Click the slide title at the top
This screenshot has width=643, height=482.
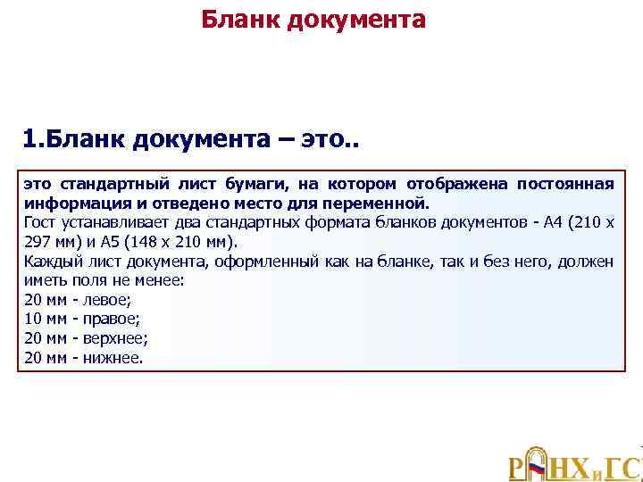pos(313,19)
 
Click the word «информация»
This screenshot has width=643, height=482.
pos(65,203)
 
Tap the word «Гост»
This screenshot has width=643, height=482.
pos(39,220)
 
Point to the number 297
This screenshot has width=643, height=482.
pos(38,241)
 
